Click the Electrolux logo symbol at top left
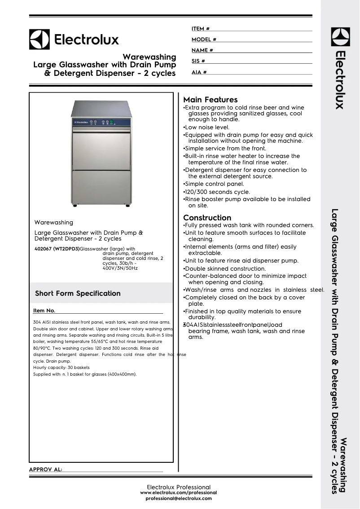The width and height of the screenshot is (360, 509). tap(40, 39)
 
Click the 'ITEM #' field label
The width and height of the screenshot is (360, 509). tap(201, 29)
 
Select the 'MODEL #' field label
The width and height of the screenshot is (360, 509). tap(204, 39)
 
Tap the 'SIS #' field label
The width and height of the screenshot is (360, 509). tap(198, 61)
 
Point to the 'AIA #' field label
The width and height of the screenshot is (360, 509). tap(199, 72)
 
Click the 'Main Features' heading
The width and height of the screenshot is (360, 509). tap(211, 100)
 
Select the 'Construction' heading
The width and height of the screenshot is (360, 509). tap(207, 218)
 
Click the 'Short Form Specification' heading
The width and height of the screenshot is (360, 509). tap(78, 294)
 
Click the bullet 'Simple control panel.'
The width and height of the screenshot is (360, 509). tap(214, 184)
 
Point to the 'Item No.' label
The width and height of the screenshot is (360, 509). tap(44, 311)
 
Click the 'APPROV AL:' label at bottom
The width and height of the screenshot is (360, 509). tap(45, 470)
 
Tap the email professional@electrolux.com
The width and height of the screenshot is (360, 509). tap(179, 499)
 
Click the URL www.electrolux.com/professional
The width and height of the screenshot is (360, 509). tap(179, 493)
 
